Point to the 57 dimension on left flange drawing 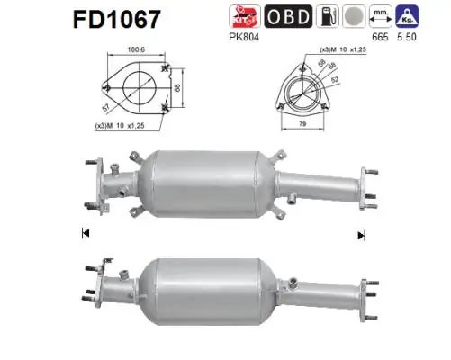110,104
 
